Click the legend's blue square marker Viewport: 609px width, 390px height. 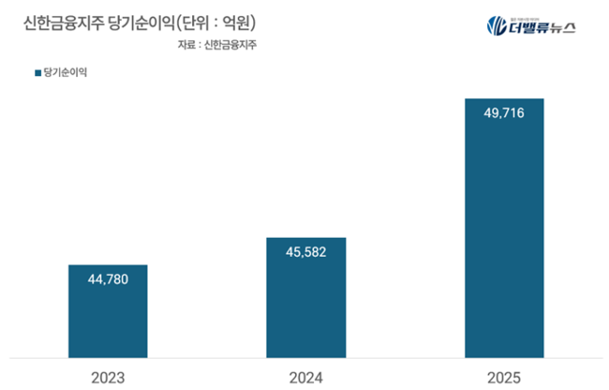(25, 72)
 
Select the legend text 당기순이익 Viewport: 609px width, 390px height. (54, 72)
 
